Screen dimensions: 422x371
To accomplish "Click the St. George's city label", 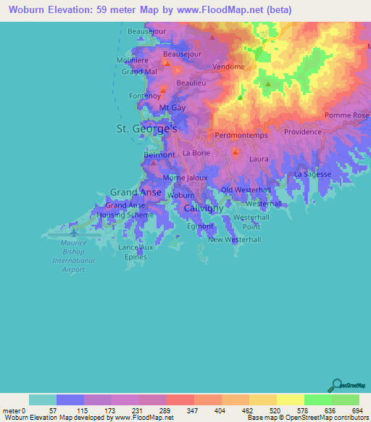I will click(147, 128).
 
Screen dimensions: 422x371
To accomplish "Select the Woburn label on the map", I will click(181, 196).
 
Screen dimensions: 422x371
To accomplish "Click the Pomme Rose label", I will click(347, 115).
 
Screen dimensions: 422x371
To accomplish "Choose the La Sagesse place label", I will click(313, 174).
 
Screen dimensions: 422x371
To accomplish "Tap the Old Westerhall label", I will click(246, 190).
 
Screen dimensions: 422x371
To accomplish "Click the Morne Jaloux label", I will click(185, 177).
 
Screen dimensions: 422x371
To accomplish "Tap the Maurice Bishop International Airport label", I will click(73, 256).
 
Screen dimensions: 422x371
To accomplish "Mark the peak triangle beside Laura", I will click(235, 152).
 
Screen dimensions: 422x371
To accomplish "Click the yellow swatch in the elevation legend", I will click(290, 400).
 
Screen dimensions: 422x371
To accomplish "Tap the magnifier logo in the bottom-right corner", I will click(337, 384).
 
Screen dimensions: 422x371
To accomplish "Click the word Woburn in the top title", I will click(22, 9).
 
